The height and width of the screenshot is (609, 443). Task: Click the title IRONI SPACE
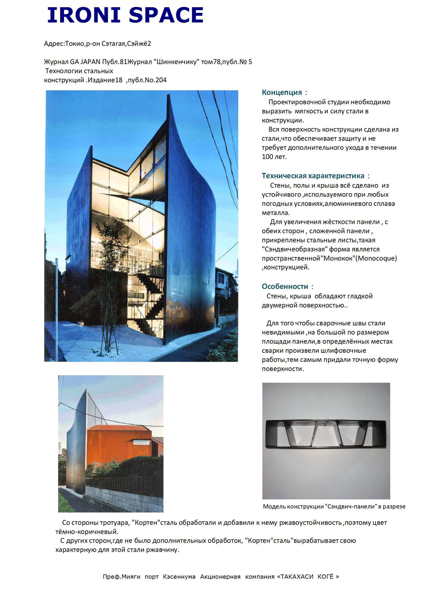pos(125,15)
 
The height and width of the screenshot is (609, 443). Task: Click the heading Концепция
pos(282,92)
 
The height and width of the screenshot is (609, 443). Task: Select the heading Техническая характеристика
pos(313,176)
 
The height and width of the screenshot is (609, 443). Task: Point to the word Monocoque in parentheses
pos(376,258)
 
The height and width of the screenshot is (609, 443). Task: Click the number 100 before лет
pos(267,156)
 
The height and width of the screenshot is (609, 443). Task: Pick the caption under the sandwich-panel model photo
pos(334,506)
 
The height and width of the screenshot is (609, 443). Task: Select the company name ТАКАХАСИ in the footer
pos(297,577)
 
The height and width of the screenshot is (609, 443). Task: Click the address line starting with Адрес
pos(97,43)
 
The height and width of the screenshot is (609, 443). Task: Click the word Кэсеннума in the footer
pos(179,577)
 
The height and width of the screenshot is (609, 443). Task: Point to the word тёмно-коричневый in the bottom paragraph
pos(86,531)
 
